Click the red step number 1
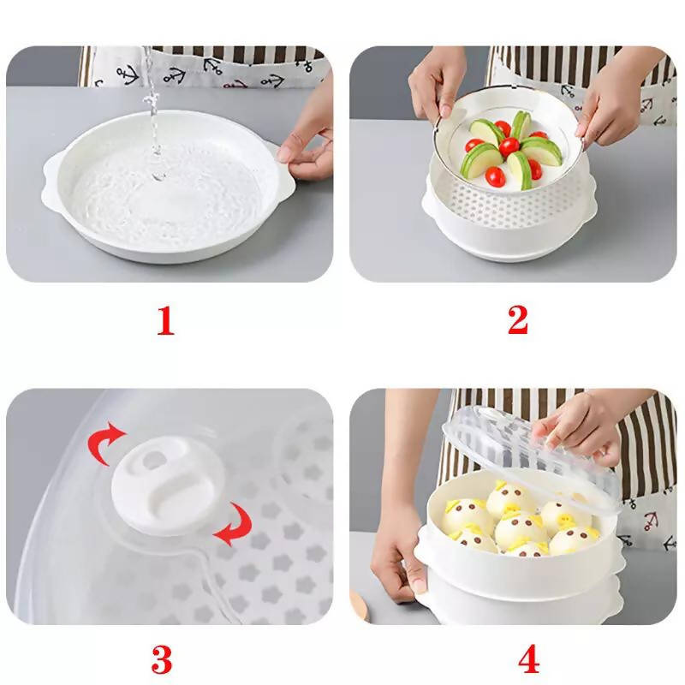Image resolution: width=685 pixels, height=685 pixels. [166, 321]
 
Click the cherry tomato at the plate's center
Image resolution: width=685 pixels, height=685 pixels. [509, 146]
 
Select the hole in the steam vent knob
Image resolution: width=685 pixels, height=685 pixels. [153, 459]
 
